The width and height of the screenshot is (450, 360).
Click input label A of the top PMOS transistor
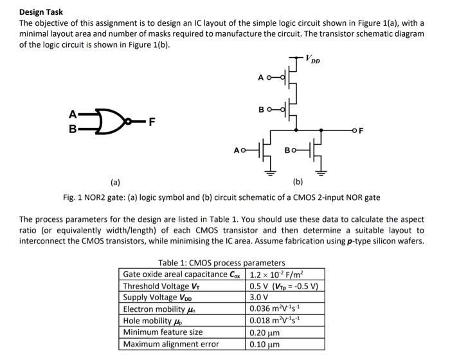coord(261,78)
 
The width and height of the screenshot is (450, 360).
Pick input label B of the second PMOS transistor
coord(261,109)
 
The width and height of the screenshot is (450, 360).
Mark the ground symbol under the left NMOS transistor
coord(271,172)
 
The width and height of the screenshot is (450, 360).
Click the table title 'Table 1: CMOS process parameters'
coord(221,262)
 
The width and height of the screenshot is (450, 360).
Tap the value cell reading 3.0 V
coord(259,298)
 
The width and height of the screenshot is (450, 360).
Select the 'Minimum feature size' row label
coord(163,332)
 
